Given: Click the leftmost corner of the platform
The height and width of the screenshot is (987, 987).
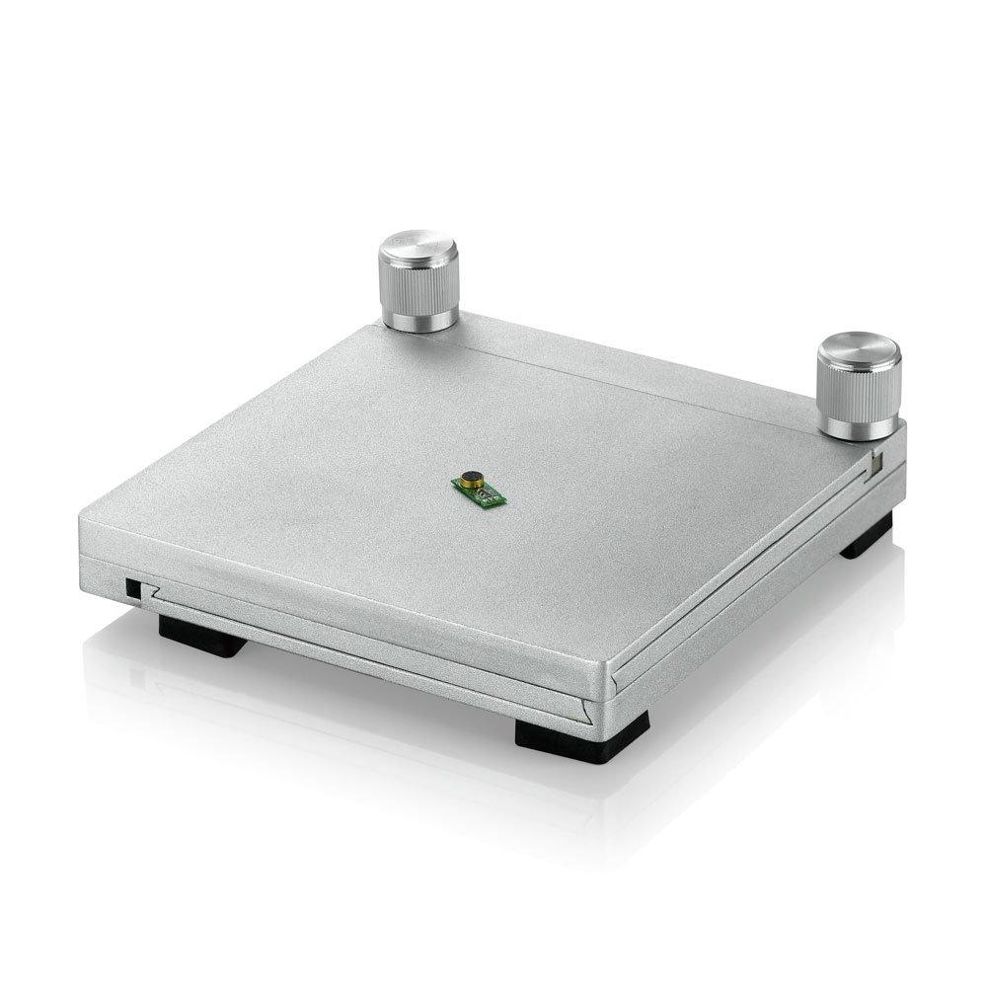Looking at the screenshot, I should [81, 518].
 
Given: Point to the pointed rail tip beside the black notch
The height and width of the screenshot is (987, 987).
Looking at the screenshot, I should [151, 593].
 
